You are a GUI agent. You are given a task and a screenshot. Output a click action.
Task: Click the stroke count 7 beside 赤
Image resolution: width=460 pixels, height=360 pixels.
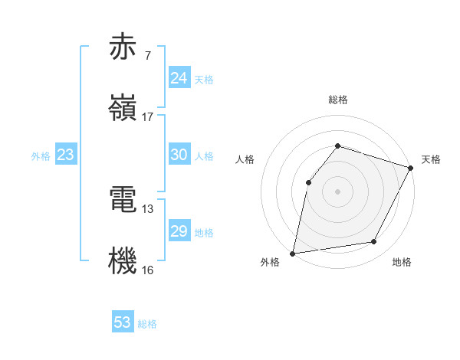(148, 56)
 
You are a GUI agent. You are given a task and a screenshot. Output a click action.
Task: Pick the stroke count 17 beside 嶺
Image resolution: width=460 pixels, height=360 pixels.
(148, 116)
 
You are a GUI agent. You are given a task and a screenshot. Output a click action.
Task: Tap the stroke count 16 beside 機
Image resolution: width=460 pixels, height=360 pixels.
(148, 270)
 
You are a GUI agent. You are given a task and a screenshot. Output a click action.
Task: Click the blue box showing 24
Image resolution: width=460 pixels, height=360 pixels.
(179, 78)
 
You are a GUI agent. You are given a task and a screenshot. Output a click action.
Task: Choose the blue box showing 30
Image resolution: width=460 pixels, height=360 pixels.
(179, 155)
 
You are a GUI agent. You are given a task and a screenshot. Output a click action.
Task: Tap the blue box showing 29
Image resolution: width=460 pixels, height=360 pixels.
(179, 231)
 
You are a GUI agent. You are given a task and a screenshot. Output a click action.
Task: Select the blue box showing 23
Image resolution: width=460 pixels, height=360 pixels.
(66, 155)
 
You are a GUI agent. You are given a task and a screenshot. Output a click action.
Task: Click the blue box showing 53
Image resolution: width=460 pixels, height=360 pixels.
(123, 322)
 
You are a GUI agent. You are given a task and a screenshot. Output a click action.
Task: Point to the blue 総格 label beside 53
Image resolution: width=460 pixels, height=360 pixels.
(147, 324)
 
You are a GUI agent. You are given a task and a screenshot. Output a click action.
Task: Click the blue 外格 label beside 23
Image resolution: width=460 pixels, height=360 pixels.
(41, 155)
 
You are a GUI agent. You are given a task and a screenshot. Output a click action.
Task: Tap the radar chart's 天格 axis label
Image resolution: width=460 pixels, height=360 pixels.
(431, 159)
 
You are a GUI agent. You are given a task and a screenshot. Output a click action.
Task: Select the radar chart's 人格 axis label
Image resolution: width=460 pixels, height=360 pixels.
(245, 159)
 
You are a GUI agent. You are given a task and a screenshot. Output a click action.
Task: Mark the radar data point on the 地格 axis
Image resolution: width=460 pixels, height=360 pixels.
(374, 242)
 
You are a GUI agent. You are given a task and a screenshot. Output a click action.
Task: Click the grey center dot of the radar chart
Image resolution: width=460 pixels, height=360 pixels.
(337, 191)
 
